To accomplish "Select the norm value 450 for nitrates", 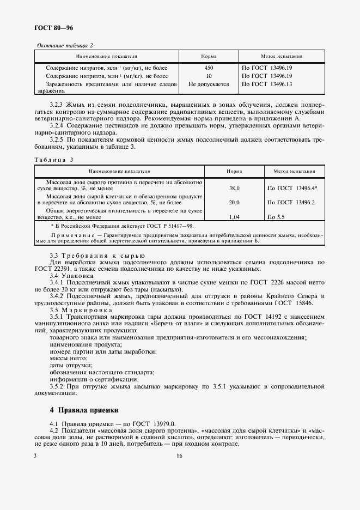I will coord(209,68).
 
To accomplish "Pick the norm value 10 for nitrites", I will coord(209,76).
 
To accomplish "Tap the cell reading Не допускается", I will coord(209,84).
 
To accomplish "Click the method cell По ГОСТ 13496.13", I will coord(267,84).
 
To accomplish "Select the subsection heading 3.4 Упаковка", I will coord(65,276).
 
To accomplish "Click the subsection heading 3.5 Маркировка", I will coord(70,309).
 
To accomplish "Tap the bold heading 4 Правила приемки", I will coord(84,409).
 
